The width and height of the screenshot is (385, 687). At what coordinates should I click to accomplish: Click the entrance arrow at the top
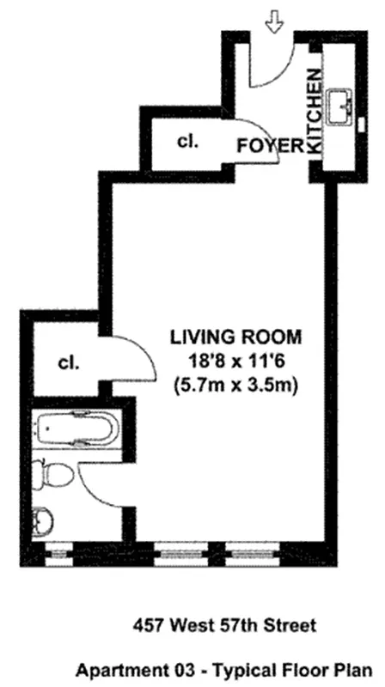[x=274, y=21]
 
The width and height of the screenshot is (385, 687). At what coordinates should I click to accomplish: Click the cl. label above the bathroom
[x=69, y=362]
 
